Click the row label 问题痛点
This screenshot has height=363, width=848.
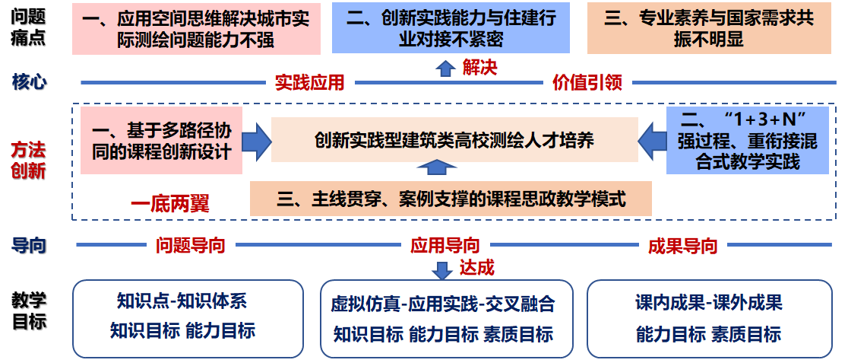click(29, 27)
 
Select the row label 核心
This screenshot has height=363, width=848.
click(29, 81)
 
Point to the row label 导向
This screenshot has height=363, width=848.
click(29, 245)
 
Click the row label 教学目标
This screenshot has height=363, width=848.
click(29, 310)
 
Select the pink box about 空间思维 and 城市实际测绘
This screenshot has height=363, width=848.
click(196, 28)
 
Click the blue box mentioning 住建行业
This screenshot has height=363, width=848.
click(451, 28)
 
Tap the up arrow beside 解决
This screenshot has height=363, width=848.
click(445, 68)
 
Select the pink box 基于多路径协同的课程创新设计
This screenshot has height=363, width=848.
click(160, 141)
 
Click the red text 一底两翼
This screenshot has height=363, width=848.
click(169, 203)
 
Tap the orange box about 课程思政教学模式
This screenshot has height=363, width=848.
click(451, 199)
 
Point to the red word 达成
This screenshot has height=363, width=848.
click(476, 268)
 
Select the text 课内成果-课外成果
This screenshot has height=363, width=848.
click(708, 303)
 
